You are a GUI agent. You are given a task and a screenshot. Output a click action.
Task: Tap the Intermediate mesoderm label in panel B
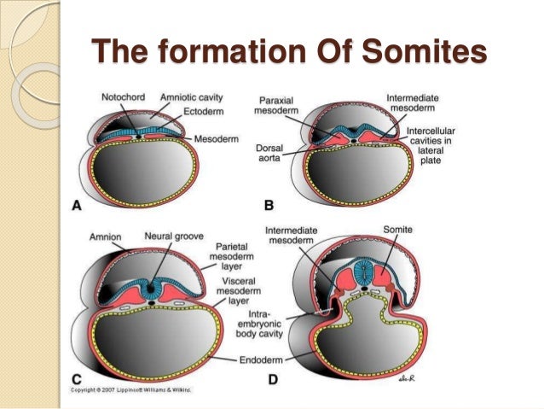coord(412,104)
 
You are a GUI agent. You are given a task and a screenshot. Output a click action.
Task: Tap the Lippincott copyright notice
coord(125,389)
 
